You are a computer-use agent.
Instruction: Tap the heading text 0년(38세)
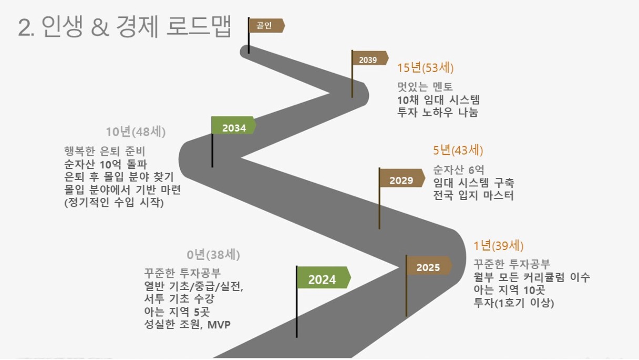pyautogui.click(x=213, y=255)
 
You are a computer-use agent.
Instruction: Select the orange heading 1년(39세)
pyautogui.click(x=498, y=246)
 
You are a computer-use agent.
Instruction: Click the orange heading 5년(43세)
pyautogui.click(x=458, y=151)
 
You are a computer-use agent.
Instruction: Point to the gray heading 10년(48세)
pyautogui.click(x=136, y=132)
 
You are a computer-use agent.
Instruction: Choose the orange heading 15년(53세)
pyautogui.click(x=425, y=68)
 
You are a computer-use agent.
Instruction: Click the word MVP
pyautogui.click(x=219, y=325)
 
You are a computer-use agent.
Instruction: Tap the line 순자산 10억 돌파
pyautogui.click(x=106, y=164)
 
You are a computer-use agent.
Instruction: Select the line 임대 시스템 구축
pyautogui.click(x=473, y=183)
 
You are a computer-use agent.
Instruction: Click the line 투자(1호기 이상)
pyautogui.click(x=513, y=303)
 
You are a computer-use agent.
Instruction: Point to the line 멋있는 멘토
pyautogui.click(x=425, y=86)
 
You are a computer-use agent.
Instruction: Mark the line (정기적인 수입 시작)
pyautogui.click(x=114, y=203)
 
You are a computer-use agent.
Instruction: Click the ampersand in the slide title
pyautogui.click(x=100, y=27)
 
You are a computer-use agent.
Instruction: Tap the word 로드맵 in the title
pyautogui.click(x=199, y=26)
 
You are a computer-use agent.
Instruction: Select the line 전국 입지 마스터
pyautogui.click(x=473, y=195)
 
